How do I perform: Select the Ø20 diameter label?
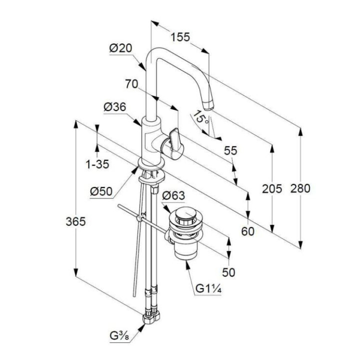120,48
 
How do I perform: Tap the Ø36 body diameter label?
115,107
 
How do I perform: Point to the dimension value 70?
131,84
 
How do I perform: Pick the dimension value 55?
230,150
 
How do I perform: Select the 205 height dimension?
272,188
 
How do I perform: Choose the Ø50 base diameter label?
101,190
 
